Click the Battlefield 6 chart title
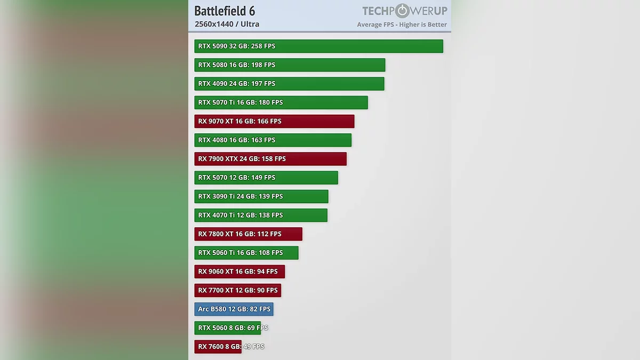tap(225, 11)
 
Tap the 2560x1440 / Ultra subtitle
tap(227, 24)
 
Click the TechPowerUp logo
tap(404, 11)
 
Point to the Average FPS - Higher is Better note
tap(402, 25)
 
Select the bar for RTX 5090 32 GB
tap(318, 46)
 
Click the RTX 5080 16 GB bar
tap(290, 65)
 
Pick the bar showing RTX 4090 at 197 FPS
tap(289, 84)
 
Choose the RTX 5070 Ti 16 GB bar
tap(281, 102)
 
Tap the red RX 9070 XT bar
tap(274, 121)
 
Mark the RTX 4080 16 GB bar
tap(273, 140)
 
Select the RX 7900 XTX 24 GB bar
tap(270, 159)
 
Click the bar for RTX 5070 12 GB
tap(266, 178)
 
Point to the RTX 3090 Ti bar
tap(261, 196)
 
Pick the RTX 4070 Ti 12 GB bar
tap(261, 215)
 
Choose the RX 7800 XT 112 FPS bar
tap(248, 234)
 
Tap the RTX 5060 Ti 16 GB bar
tap(246, 253)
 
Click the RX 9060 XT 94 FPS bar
tap(239, 271)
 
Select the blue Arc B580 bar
tap(234, 309)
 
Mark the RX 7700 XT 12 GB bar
tap(237, 291)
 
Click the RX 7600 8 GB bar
tap(218, 347)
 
